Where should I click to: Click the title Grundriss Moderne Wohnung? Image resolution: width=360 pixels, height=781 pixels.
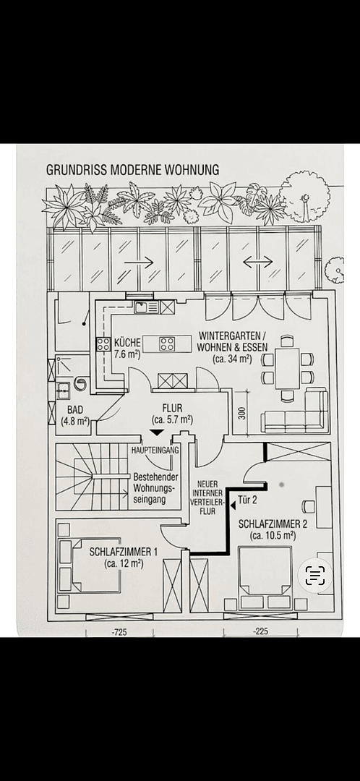(132, 170)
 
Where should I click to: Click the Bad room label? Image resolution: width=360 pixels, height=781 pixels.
(75, 417)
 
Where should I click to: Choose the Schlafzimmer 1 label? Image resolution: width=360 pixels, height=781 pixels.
(124, 558)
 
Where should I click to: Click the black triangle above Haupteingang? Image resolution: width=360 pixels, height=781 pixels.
(156, 434)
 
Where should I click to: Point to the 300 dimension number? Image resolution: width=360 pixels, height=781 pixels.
(242, 414)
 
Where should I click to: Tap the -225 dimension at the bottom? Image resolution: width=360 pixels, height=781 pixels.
(260, 631)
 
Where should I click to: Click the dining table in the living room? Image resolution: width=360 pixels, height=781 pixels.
(287, 369)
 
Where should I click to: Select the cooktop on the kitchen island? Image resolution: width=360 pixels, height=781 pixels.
(167, 343)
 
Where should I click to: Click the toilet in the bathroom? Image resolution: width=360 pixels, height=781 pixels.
(80, 383)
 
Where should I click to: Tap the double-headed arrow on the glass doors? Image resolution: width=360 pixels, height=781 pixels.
(258, 262)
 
